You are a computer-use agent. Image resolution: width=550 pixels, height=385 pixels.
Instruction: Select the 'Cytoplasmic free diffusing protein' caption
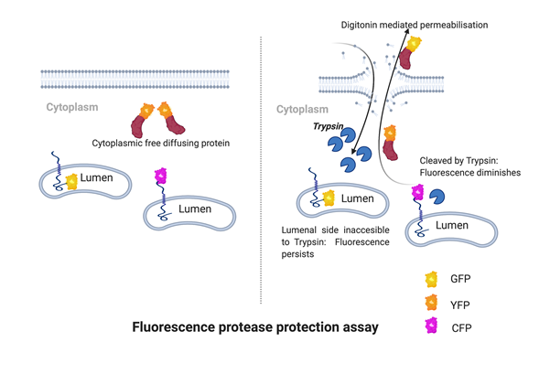[x=161, y=143]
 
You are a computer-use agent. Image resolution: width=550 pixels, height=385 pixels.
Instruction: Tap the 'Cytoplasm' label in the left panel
[x=72, y=108]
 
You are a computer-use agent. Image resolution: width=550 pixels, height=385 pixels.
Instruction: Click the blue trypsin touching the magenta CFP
[x=437, y=196]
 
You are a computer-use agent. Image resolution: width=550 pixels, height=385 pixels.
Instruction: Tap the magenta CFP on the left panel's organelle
[x=161, y=176]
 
